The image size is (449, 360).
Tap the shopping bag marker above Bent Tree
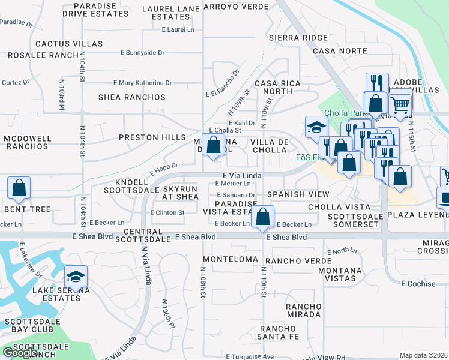[x=19, y=188]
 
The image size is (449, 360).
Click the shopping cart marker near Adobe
[x=399, y=106]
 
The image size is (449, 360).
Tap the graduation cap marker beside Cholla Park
[x=316, y=128]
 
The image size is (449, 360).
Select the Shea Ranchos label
[x=131, y=97]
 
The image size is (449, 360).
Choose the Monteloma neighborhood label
[x=226, y=259]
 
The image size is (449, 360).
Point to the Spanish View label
[x=298, y=194]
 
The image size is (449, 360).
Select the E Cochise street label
[x=418, y=283]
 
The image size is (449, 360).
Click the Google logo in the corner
[x=20, y=353]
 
